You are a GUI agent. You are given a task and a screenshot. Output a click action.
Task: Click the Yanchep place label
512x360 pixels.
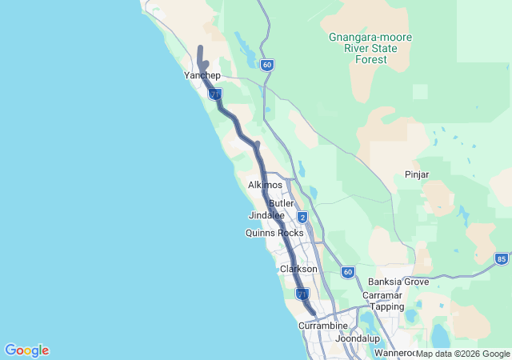(x=202, y=75)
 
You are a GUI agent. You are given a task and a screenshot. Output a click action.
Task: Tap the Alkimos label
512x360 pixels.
(x=266, y=185)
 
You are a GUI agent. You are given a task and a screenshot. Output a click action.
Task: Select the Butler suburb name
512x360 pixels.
(x=282, y=203)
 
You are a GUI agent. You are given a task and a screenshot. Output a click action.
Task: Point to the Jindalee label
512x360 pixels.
(x=266, y=216)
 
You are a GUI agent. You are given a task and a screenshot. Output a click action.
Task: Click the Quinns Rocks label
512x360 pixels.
(x=274, y=233)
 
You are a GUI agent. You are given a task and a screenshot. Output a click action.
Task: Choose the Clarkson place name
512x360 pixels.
(x=298, y=270)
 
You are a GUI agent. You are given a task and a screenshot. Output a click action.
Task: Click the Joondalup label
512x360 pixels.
(x=357, y=338)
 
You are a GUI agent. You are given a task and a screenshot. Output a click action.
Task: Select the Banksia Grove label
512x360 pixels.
(x=398, y=282)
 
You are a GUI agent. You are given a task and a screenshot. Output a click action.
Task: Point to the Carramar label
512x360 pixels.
(x=382, y=295)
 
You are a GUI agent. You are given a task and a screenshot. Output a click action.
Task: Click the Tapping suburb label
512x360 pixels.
(x=387, y=306)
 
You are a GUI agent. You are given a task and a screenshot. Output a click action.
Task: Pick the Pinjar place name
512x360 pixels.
(x=417, y=174)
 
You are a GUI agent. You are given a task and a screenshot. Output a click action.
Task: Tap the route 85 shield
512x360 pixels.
(x=501, y=258)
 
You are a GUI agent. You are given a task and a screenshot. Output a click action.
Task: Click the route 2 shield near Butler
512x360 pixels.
(x=302, y=217)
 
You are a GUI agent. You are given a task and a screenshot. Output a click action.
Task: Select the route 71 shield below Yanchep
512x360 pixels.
(x=214, y=94)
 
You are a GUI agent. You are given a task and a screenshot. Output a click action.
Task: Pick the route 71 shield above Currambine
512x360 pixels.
(x=302, y=295)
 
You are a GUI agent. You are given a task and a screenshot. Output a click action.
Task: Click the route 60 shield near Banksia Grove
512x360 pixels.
(x=347, y=272)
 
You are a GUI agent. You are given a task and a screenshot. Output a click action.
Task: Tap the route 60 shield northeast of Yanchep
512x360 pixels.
(x=266, y=65)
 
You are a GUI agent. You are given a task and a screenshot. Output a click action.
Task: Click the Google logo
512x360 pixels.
(x=26, y=350)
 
